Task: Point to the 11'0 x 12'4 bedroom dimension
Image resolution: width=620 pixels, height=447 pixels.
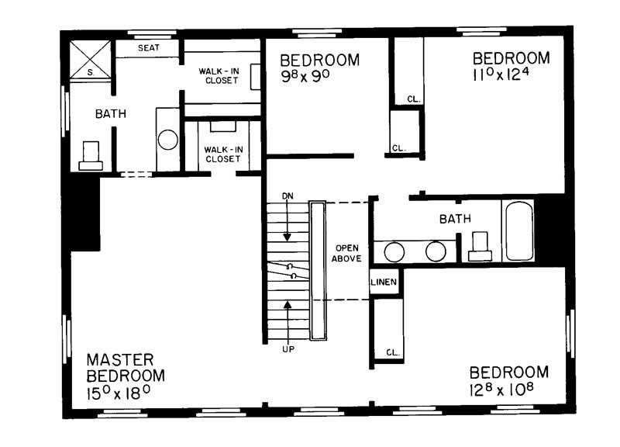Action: pos(511,77)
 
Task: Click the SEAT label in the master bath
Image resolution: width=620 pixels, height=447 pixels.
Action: pos(148,48)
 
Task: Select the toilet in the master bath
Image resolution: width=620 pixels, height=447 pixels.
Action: pos(91,155)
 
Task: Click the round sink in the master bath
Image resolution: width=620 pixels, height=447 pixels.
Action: pos(168,140)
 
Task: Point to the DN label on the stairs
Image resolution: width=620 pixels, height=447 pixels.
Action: pos(288,195)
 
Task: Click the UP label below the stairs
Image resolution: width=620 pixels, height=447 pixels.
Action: pos(288,348)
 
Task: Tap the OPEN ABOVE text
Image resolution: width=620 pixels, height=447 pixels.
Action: pos(346,254)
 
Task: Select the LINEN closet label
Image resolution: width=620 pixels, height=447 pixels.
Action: pos(385,282)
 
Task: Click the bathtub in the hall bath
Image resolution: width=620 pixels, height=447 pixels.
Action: pos(518,231)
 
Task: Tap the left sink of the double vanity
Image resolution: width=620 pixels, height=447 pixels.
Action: pos(395,251)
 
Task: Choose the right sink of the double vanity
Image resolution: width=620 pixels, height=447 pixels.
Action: pos(435,251)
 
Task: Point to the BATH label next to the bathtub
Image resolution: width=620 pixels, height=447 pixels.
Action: pos(455,219)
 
